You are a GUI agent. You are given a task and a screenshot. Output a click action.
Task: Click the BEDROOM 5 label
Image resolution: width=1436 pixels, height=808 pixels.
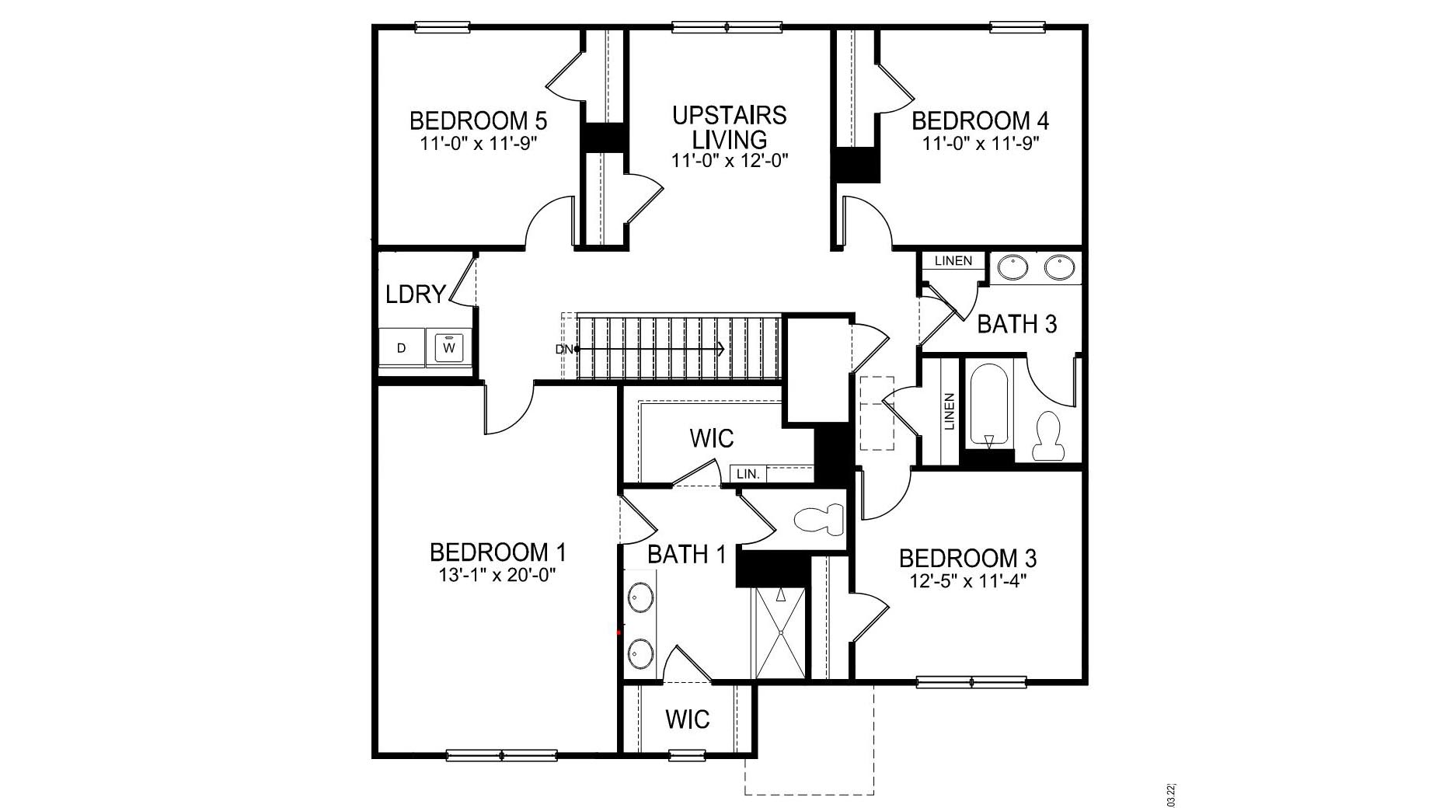(x=478, y=121)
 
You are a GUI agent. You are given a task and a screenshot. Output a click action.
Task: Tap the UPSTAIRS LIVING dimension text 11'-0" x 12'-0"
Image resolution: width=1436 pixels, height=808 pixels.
(x=730, y=161)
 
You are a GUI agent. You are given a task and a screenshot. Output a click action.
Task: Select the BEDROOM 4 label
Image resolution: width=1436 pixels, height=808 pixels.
(x=980, y=121)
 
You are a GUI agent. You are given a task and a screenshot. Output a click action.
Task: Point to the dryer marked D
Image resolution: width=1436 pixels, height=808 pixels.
(x=401, y=348)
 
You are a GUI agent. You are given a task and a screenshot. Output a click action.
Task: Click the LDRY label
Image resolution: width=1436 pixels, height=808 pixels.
(x=416, y=294)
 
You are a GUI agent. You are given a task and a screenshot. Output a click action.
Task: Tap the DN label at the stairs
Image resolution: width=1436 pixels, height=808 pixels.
(x=563, y=349)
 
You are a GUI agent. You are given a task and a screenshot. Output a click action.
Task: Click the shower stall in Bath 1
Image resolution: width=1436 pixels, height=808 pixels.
(x=780, y=632)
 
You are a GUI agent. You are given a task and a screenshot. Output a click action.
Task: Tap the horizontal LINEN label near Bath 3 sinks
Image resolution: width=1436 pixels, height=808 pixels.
(x=953, y=261)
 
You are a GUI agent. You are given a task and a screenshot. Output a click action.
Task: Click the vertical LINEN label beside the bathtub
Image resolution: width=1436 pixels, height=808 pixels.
(x=949, y=411)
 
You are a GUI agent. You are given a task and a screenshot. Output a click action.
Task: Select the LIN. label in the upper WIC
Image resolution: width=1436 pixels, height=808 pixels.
(x=748, y=473)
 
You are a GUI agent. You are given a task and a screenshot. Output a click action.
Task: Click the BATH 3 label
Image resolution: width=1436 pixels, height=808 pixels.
(x=1016, y=324)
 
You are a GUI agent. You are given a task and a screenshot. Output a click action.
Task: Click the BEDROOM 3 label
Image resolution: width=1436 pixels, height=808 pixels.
(x=967, y=559)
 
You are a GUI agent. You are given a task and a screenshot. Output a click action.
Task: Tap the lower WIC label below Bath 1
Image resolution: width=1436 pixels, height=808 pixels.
(x=687, y=719)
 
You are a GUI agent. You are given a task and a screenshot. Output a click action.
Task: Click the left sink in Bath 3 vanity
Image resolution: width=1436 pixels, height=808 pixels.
(x=1012, y=268)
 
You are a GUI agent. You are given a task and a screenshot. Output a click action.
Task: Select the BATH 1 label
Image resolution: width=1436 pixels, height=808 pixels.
(x=686, y=555)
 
